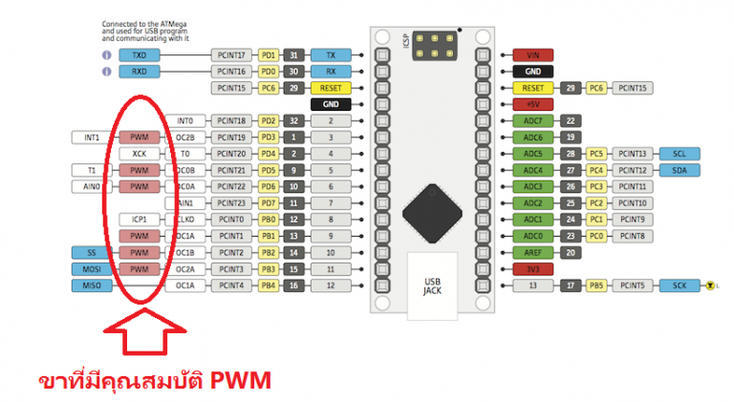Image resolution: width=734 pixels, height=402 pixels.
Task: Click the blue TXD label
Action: click(x=140, y=55)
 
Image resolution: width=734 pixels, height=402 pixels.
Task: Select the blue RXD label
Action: click(x=140, y=72)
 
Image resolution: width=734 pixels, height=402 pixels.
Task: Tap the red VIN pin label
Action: click(x=533, y=55)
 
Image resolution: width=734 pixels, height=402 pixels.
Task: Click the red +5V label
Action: click(x=533, y=104)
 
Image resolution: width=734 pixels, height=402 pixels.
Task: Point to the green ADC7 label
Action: click(x=533, y=121)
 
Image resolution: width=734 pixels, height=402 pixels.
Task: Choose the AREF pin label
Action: click(x=533, y=252)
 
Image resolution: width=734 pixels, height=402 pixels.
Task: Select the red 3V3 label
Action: click(x=533, y=268)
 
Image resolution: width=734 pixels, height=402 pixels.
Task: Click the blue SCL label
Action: click(x=680, y=154)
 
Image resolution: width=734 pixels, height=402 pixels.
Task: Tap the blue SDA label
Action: click(x=680, y=170)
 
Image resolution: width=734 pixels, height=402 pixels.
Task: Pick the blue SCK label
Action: click(x=680, y=285)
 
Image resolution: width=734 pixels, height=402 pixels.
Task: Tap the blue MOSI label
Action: click(x=92, y=268)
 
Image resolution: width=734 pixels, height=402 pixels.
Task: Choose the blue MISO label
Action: click(x=92, y=285)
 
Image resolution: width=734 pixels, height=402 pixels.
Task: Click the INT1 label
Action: click(x=92, y=138)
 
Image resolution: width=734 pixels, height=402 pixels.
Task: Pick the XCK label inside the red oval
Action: click(x=140, y=154)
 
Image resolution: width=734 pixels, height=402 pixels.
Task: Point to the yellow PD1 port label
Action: click(x=269, y=55)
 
